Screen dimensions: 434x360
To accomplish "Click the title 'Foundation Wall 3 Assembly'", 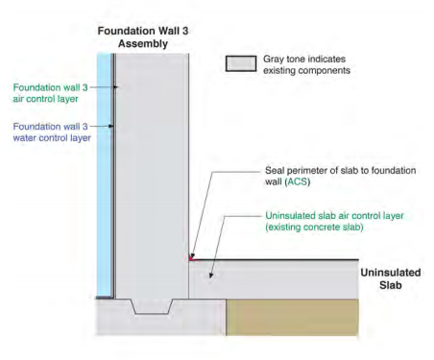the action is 143,37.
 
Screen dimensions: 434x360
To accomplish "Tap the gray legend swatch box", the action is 241,63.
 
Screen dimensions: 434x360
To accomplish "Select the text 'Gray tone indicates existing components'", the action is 306,64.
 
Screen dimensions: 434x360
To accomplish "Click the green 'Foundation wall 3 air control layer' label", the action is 50,93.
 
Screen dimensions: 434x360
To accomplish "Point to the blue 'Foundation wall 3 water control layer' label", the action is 52,132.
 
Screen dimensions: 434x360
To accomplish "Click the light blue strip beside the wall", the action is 104,175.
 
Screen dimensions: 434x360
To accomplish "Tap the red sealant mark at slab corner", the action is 191,257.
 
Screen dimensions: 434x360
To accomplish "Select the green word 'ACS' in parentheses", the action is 298,181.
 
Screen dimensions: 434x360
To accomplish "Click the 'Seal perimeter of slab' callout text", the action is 340,176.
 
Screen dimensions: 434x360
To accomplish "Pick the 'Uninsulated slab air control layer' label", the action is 334,222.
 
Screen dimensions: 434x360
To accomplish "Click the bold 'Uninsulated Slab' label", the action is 391,278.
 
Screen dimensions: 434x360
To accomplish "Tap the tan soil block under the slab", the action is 292,317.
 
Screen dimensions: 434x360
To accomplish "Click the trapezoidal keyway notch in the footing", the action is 152,306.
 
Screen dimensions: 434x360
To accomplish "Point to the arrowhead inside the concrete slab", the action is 210,275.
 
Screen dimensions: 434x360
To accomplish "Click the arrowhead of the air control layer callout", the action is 115,87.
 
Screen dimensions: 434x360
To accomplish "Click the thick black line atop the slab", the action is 274,259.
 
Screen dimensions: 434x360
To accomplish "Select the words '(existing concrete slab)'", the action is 314,228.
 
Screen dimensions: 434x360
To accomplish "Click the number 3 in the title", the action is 184,31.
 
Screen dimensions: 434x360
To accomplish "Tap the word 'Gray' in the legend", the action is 274,60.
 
